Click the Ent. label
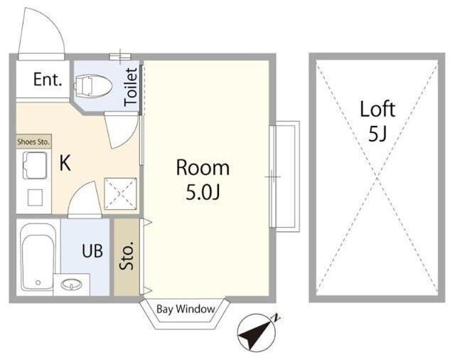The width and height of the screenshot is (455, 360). [x=48, y=79]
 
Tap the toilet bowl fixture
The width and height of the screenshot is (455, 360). [x=93, y=86]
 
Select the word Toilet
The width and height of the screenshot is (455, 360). [x=131, y=87]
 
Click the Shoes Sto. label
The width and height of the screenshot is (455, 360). [x=33, y=142]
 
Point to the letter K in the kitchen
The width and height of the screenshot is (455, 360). [x=65, y=163]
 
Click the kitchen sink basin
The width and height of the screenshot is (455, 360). [x=35, y=165]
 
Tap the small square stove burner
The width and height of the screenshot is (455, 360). [x=35, y=197]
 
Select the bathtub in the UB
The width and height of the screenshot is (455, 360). [x=38, y=257]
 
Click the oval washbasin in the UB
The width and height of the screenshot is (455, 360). [x=71, y=285]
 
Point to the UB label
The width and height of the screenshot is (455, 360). [x=92, y=251]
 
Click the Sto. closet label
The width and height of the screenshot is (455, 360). [x=127, y=256]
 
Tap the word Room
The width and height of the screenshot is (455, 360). [x=203, y=167]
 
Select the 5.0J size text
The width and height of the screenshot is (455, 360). [x=202, y=192]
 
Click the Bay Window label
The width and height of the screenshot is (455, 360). [x=186, y=309]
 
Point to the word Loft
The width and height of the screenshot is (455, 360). [x=378, y=109]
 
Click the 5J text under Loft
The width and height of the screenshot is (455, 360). [x=378, y=134]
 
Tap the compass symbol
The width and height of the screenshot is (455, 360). [x=257, y=332]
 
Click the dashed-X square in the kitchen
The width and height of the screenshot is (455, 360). [x=120, y=194]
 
